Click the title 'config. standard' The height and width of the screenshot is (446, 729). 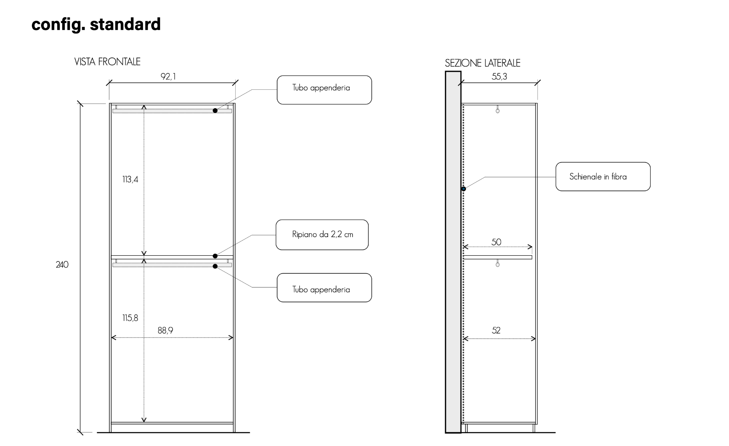[96, 24]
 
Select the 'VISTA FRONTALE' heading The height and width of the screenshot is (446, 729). [107, 62]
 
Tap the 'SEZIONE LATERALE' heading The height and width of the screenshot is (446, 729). [482, 63]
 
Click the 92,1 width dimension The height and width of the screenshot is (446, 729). [168, 77]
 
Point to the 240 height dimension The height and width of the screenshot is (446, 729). [62, 265]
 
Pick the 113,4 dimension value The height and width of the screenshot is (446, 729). [130, 179]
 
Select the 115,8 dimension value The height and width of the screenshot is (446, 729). [130, 318]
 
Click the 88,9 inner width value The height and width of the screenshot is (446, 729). [165, 330]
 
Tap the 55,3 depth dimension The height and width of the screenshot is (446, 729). [499, 77]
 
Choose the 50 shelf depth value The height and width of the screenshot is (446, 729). [496, 242]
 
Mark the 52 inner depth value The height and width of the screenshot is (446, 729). [496, 330]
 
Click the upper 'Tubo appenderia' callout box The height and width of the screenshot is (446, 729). [324, 90]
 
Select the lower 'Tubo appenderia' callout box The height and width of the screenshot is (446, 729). [324, 288]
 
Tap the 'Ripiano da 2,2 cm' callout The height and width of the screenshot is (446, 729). [322, 235]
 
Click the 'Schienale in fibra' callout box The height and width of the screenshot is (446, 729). [603, 177]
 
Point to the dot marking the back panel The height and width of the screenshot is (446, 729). [463, 189]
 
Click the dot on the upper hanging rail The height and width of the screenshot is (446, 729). [215, 111]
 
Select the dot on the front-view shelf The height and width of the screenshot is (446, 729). [215, 256]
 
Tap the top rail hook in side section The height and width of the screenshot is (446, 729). [498, 110]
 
